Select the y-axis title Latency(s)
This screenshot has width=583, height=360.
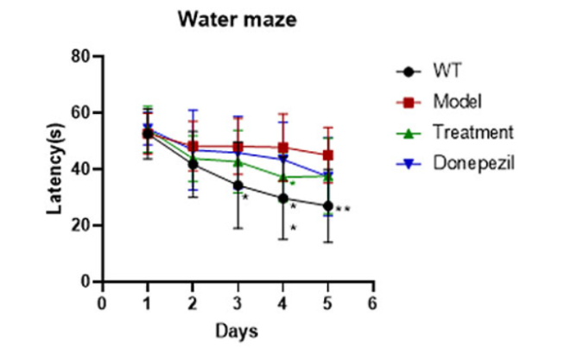pyautogui.click(x=57, y=169)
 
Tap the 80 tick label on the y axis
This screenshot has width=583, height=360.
pyautogui.click(x=80, y=57)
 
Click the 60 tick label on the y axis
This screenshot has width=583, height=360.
pyautogui.click(x=80, y=113)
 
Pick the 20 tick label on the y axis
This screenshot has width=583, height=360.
pyautogui.click(x=80, y=225)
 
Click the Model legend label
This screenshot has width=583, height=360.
pyautogui.click(x=458, y=101)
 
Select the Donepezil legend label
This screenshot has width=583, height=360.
pyautogui.click(x=473, y=161)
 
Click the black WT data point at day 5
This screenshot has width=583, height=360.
pyautogui.click(x=327, y=206)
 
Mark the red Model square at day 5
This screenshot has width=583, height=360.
pyautogui.click(x=327, y=155)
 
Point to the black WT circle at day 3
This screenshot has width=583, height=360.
pyautogui.click(x=238, y=186)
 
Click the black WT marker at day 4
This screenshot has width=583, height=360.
pyautogui.click(x=282, y=199)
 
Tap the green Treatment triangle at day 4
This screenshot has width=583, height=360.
pyautogui.click(x=282, y=177)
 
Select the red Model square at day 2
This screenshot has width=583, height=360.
pyautogui.click(x=193, y=147)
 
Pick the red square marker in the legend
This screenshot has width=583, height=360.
pyautogui.click(x=412, y=101)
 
